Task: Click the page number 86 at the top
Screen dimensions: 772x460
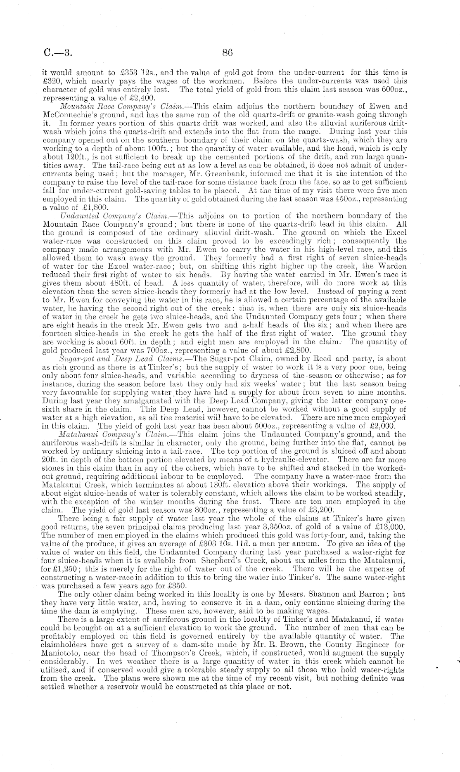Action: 228,52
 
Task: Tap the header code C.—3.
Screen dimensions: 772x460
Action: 58,53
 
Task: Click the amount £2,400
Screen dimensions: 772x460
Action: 142,98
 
